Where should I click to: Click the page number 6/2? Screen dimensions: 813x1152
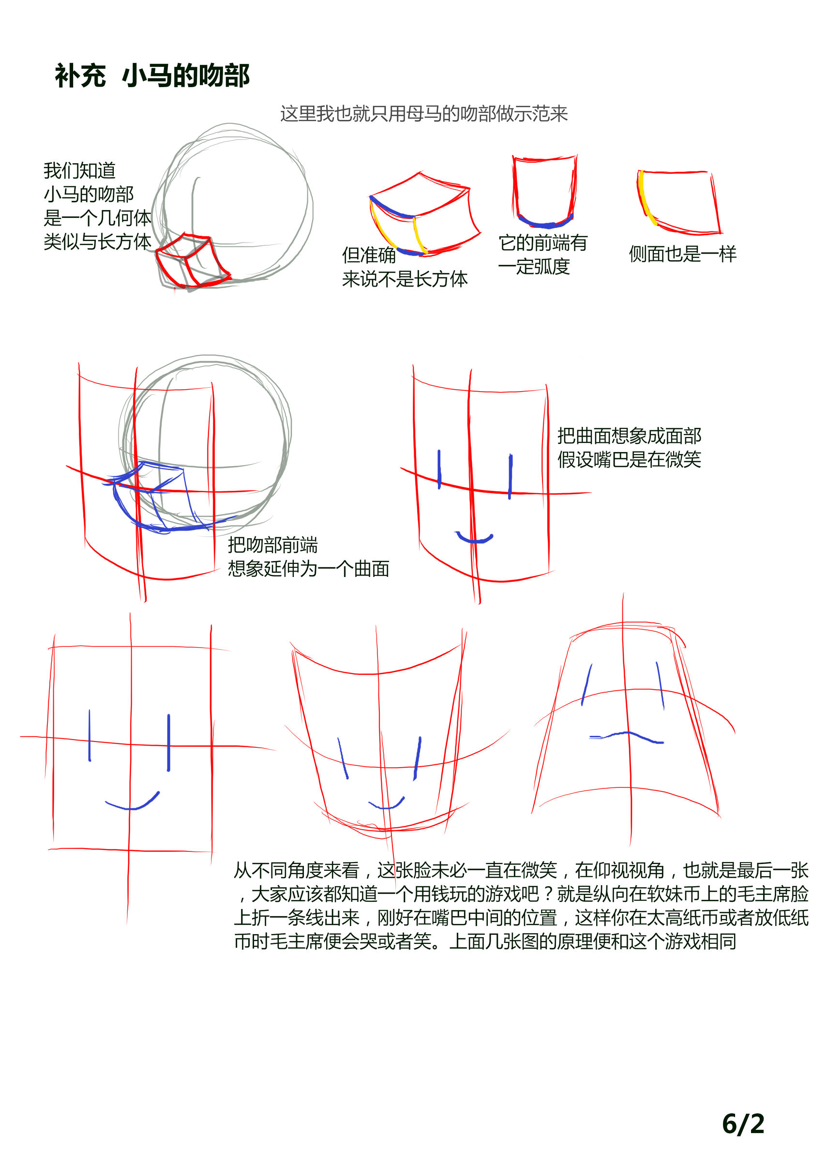(743, 1124)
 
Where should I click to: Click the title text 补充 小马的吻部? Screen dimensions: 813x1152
(152, 76)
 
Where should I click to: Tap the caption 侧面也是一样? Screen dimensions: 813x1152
(683, 254)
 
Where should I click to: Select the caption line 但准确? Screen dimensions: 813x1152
(369, 255)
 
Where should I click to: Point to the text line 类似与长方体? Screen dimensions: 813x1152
(97, 242)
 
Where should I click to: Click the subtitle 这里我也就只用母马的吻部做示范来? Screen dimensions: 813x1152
(424, 114)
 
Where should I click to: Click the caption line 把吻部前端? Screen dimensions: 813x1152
(272, 545)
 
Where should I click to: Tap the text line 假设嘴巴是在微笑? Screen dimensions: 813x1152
(629, 459)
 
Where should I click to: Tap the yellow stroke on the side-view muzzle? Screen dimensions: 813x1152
(645, 197)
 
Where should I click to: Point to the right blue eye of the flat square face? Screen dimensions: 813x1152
(168, 743)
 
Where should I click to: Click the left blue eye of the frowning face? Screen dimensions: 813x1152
(587, 684)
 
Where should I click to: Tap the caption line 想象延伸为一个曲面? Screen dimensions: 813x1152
(308, 568)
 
